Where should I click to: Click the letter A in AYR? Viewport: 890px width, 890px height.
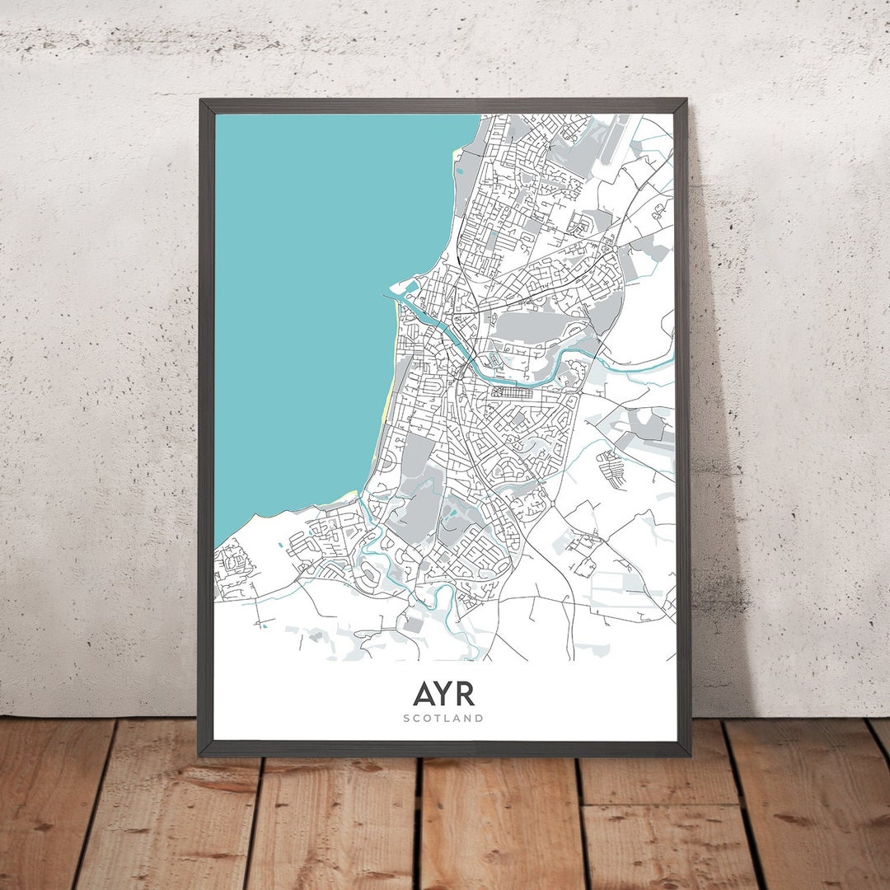pos(423,694)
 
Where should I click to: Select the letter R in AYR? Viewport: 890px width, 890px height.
pos(466,694)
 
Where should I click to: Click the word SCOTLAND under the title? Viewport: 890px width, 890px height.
pos(443,718)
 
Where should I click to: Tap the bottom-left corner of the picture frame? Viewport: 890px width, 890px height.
pos(200,753)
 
